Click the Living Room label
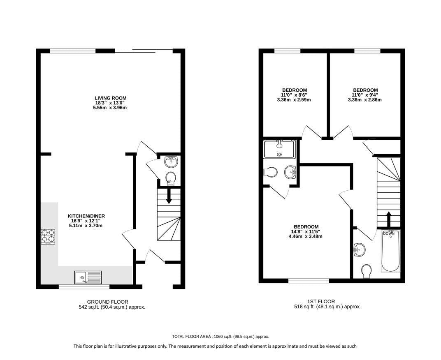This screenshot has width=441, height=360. pyautogui.click(x=110, y=98)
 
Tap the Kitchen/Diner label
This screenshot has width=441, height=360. pyautogui.click(x=86, y=216)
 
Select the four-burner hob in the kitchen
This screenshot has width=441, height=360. pyautogui.click(x=48, y=236)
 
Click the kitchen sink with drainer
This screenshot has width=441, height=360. pyautogui.click(x=88, y=277)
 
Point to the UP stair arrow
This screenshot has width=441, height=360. pyautogui.click(x=169, y=196)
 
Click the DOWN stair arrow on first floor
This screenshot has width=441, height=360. pyautogui.click(x=389, y=219)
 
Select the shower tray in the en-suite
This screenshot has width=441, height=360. pyautogui.click(x=279, y=149)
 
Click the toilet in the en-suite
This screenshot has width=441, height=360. pyautogui.click(x=271, y=172)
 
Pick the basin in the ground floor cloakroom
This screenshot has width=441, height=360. pyautogui.click(x=171, y=162)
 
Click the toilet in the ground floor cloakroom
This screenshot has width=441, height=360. pyautogui.click(x=171, y=179)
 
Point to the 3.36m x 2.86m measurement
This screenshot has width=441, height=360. pyautogui.click(x=365, y=100)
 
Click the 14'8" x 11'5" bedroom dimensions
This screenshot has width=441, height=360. pyautogui.click(x=306, y=231)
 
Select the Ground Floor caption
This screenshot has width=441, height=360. pyautogui.click(x=108, y=302)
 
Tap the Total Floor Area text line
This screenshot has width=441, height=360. pyautogui.click(x=220, y=337)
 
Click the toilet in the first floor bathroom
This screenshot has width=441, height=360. pyautogui.click(x=366, y=271)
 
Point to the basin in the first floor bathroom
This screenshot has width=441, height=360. pyautogui.click(x=360, y=249)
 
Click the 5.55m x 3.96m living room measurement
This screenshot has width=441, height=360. pyautogui.click(x=110, y=108)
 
